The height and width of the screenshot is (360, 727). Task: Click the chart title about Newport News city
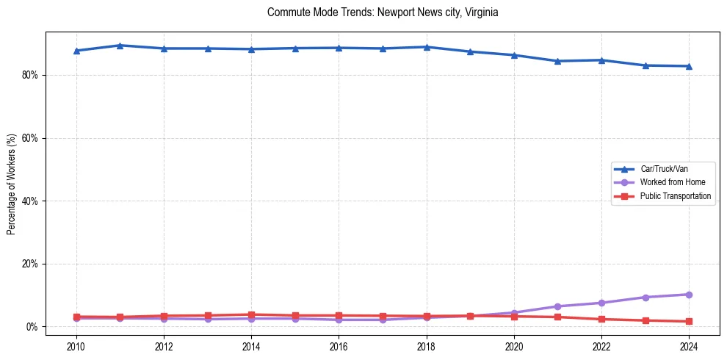coord(383,12)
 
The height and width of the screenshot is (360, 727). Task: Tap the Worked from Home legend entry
coord(672,182)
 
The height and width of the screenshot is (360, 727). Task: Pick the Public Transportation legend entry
coord(676,196)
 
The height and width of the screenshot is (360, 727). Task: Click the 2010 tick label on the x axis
coord(76,346)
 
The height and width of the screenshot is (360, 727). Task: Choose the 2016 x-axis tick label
coord(339,346)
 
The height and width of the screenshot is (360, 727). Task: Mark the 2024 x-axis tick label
coord(689,346)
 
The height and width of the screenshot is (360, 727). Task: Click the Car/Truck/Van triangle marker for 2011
coord(120,46)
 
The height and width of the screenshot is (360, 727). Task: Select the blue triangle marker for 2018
coord(427,47)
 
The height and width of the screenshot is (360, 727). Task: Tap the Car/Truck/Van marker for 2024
coord(689,66)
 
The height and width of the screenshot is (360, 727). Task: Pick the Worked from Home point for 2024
coord(689,295)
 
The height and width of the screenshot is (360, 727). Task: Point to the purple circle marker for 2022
coord(601,303)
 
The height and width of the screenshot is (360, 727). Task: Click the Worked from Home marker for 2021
coord(557,306)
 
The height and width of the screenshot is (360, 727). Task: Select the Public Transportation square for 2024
coord(689,321)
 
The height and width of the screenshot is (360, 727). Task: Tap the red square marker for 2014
coord(251,314)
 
